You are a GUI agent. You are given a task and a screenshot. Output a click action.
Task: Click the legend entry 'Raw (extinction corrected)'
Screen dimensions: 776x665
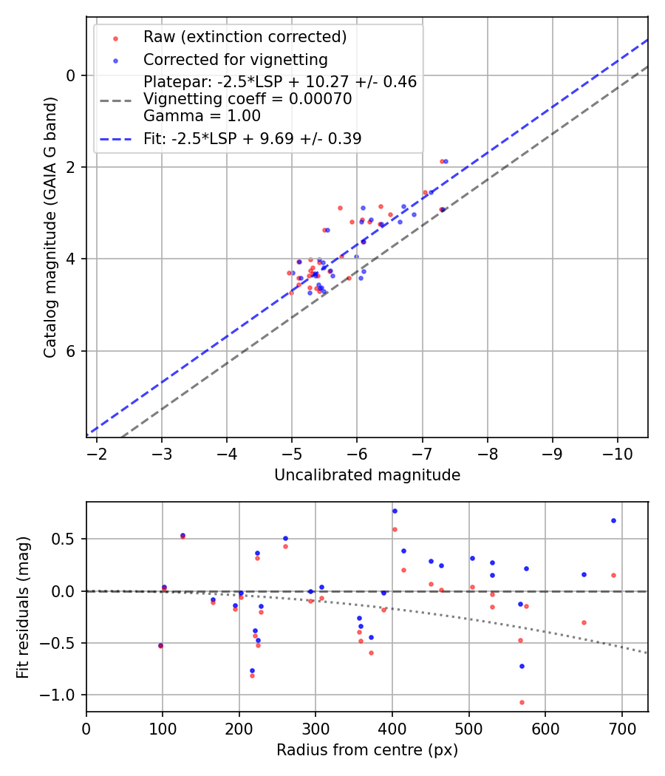pyautogui.click(x=245, y=37)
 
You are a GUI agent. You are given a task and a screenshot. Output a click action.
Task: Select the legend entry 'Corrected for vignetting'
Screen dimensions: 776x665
pyautogui.click(x=235, y=59)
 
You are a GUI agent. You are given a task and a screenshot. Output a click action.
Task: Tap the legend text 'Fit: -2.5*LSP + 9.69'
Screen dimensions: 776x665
pyautogui.click(x=252, y=138)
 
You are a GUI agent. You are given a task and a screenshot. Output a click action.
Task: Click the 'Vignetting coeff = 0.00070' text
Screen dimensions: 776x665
pyautogui.click(x=248, y=98)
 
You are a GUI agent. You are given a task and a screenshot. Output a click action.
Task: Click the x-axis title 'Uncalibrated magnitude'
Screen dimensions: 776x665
pyautogui.click(x=367, y=475)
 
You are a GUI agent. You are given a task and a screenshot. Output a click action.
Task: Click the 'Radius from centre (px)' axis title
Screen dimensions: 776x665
pyautogui.click(x=367, y=750)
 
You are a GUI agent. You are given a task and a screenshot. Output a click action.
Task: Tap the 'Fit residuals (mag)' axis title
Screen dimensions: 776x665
pyautogui.click(x=23, y=607)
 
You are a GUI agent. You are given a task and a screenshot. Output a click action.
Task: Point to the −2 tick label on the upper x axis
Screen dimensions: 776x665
pyautogui.click(x=97, y=453)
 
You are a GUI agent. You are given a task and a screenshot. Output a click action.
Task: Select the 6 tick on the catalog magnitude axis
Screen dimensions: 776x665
pyautogui.click(x=71, y=351)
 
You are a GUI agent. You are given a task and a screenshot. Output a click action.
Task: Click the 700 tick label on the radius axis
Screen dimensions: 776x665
pyautogui.click(x=621, y=728)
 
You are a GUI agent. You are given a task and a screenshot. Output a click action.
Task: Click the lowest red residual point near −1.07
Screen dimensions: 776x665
pyautogui.click(x=522, y=702)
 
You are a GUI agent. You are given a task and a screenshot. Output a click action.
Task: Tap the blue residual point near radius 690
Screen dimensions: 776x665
pyautogui.click(x=613, y=520)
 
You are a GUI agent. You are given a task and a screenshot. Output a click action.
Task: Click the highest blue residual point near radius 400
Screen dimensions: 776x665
pyautogui.click(x=395, y=511)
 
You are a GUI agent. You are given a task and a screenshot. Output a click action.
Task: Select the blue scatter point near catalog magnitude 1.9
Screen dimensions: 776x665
pyautogui.click(x=446, y=161)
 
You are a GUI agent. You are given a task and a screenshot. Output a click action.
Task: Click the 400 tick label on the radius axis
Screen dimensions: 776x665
pyautogui.click(x=392, y=728)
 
